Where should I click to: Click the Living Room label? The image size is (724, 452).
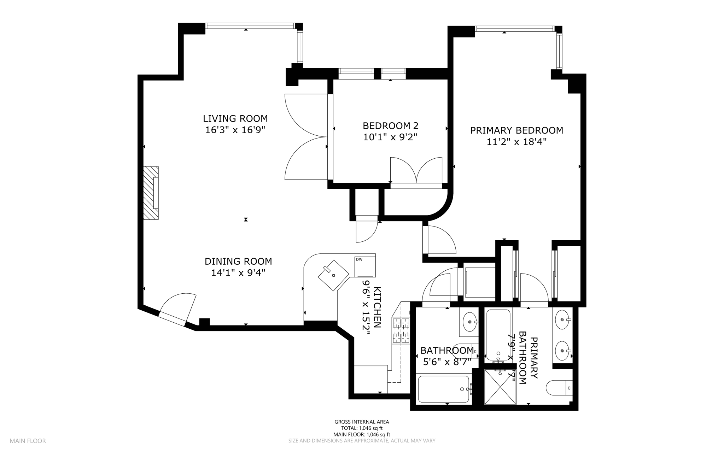tap(235, 118)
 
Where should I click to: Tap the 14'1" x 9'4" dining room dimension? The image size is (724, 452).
tap(238, 273)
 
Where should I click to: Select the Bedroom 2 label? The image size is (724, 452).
tap(390, 126)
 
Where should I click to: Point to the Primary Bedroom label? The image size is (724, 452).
tap(516, 130)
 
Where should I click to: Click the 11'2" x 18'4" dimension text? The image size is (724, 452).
tap(516, 142)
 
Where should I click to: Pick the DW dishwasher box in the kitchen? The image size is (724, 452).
tap(364, 267)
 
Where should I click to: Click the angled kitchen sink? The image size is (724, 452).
tap(334, 275)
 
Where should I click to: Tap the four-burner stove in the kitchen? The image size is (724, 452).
tap(401, 330)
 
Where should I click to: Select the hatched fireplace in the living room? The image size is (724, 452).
tap(151, 193)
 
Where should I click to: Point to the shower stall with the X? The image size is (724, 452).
tap(500, 387)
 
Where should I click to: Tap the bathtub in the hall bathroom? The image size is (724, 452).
tap(444, 389)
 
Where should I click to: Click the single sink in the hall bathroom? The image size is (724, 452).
tap(470, 322)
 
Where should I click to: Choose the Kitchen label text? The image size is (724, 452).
tap(377, 307)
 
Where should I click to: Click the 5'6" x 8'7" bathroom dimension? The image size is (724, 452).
tap(447, 362)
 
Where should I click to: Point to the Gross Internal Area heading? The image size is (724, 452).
tap(362, 422)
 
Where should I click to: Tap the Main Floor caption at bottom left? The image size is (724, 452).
tap(28, 441)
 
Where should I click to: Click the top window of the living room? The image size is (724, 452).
tap(250, 26)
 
